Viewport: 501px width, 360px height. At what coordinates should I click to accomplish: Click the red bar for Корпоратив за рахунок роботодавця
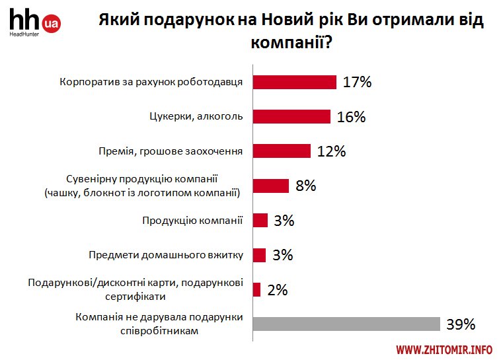pos(295,82)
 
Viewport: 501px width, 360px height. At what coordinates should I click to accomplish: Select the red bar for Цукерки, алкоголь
pos(292,116)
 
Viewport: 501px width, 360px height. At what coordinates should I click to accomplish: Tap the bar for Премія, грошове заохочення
pos(282,151)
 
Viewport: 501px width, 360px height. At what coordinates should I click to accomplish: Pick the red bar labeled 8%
pos(271,186)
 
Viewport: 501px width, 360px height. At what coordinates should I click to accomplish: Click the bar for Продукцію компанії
pos(260,220)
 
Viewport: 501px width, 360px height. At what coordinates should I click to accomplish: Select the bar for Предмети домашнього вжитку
pos(260,255)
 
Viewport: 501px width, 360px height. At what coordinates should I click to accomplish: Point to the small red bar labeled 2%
pos(257,289)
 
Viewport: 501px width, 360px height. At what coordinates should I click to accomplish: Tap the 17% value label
pos(358,83)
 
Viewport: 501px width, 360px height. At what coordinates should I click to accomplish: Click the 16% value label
pos(351,117)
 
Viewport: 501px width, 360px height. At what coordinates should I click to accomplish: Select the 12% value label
pos(331,151)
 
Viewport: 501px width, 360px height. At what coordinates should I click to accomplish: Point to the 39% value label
pos(461,324)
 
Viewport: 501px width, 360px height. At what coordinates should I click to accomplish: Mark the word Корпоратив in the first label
pos(85,83)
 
